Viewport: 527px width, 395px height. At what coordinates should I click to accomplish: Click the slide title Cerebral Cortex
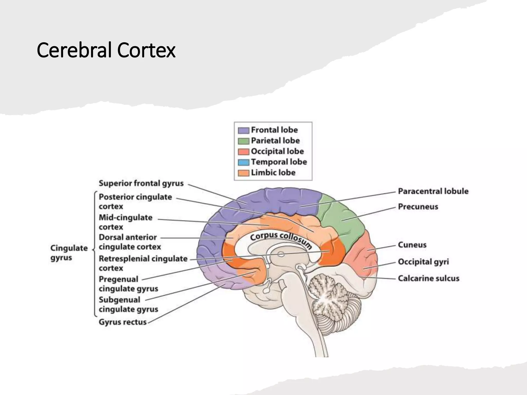[x=106, y=50]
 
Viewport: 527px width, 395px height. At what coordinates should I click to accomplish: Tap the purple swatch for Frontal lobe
[x=243, y=130]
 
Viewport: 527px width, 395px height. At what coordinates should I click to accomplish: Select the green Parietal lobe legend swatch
[x=243, y=141]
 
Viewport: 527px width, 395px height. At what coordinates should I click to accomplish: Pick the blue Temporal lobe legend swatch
[x=243, y=162]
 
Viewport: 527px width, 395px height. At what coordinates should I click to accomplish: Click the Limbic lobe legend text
[x=273, y=173]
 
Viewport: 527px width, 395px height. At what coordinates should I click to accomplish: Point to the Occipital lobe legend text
[x=277, y=151]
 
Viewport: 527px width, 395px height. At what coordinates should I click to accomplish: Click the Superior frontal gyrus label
[x=141, y=183]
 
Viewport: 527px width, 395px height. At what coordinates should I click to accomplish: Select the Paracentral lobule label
[x=433, y=191]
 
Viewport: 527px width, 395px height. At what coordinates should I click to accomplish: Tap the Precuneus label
[x=418, y=207]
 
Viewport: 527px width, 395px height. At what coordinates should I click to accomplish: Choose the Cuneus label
[x=412, y=245]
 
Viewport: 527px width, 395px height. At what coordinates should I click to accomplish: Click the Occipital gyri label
[x=423, y=262]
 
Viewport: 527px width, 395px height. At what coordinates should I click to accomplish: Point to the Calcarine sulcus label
[x=428, y=278]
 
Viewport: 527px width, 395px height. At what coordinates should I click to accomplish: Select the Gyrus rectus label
[x=122, y=322]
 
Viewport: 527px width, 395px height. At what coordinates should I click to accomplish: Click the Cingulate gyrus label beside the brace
[x=69, y=253]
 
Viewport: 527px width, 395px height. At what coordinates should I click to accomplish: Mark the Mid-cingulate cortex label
[x=126, y=222]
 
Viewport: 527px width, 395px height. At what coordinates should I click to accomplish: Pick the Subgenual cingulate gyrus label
[x=128, y=304]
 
